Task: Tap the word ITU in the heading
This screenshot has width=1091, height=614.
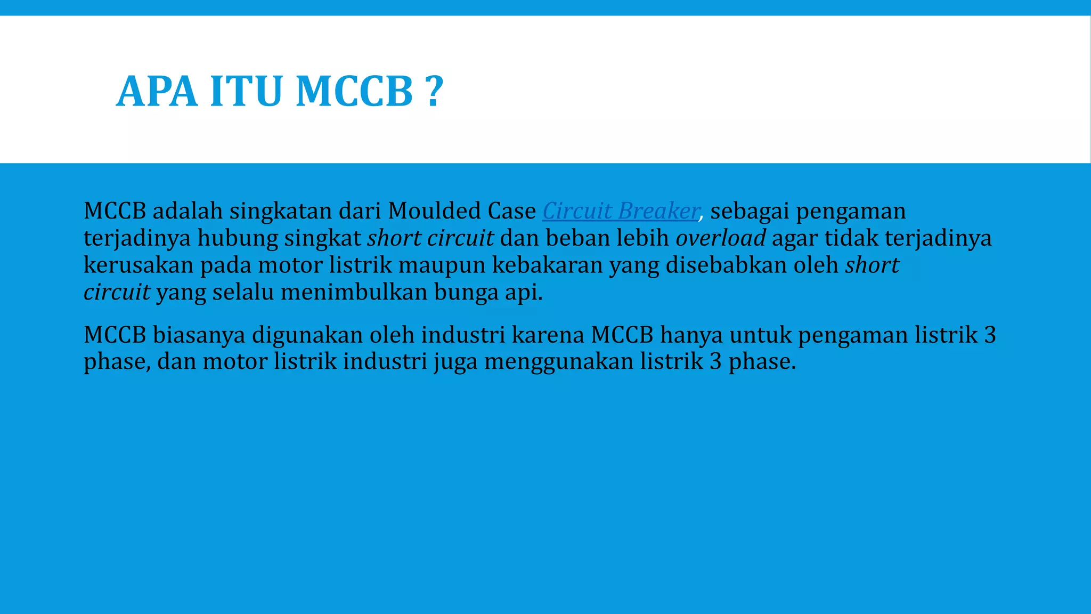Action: point(246,92)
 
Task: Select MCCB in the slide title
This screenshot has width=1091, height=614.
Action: point(354,92)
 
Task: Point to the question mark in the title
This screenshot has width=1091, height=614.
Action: point(435,92)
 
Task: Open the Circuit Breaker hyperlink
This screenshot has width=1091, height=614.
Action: point(620,211)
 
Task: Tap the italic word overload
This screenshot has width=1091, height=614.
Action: point(720,238)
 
